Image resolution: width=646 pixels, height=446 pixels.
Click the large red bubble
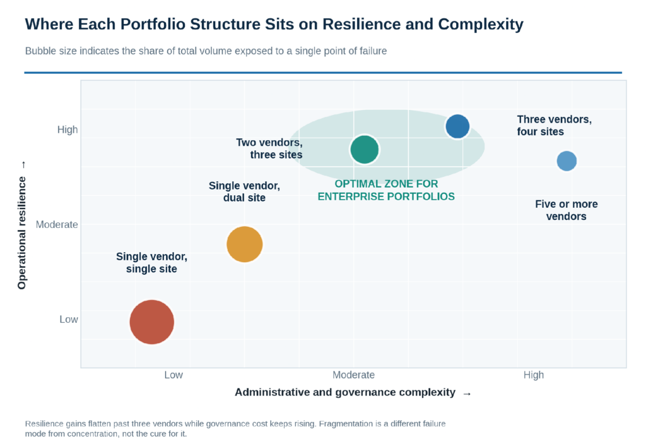[151, 322]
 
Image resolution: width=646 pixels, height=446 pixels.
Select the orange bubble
[244, 244]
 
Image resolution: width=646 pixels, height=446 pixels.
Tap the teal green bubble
[365, 149]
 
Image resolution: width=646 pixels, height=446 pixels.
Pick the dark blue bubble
[457, 126]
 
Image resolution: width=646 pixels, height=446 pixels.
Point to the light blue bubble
[567, 161]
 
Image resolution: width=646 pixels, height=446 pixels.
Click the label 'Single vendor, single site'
[151, 262]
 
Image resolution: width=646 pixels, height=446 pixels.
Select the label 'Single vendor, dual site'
[244, 191]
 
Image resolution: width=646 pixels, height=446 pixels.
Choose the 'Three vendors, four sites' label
[554, 126]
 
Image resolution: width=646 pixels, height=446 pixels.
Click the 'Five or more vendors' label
[566, 210]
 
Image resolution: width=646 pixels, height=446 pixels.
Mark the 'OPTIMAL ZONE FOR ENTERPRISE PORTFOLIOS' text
[386, 190]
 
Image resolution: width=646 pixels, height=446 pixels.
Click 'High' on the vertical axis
[68, 130]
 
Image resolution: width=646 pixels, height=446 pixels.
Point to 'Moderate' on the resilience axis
[57, 224]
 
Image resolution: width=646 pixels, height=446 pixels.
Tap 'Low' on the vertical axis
[68, 319]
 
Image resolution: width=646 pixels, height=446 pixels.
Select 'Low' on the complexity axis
[173, 375]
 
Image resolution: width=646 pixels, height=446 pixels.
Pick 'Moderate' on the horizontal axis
[353, 375]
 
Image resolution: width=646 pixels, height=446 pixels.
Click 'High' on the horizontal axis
[534, 375]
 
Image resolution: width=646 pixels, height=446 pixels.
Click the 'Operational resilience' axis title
[22, 232]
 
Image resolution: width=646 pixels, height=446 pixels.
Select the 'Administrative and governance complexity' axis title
[345, 392]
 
